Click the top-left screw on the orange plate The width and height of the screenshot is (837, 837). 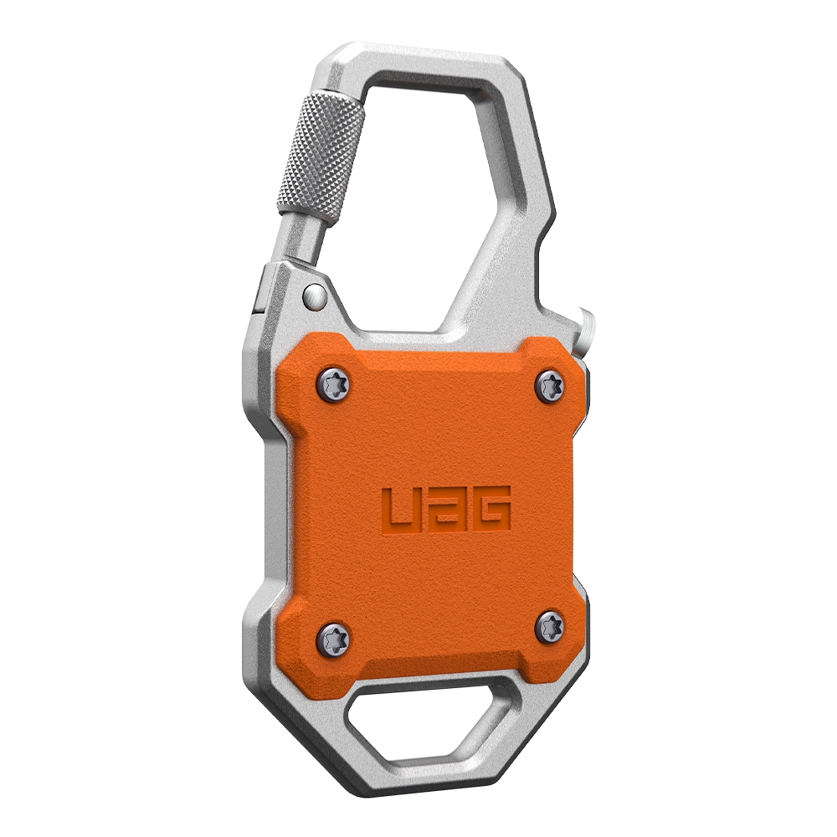(334, 383)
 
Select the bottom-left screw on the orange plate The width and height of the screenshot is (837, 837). (333, 634)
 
